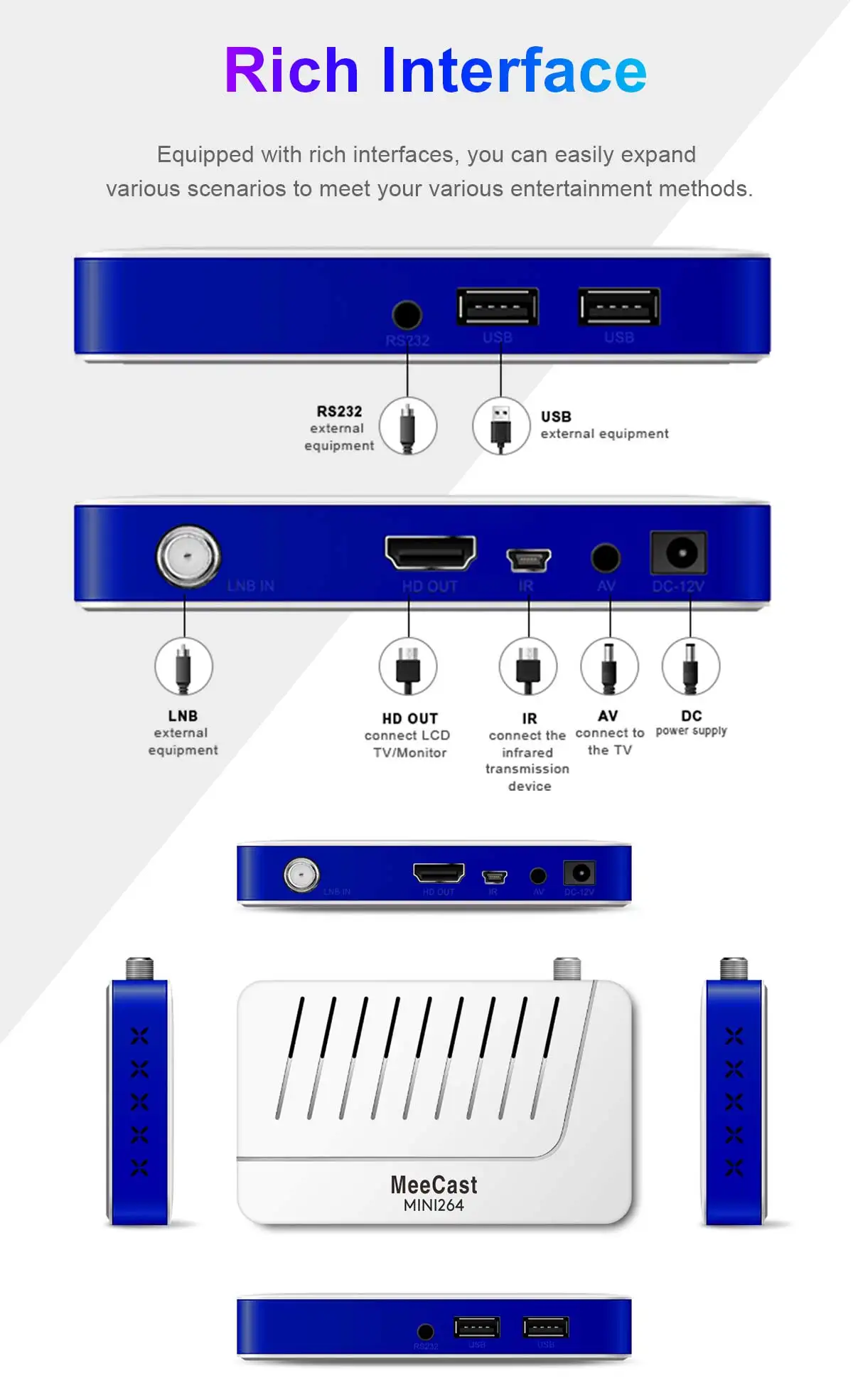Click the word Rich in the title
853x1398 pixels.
pos(291,70)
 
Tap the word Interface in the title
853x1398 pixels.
pos(514,70)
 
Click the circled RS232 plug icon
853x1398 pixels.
pos(407,427)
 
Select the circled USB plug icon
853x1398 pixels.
pos(501,427)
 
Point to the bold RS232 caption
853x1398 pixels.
pos(339,412)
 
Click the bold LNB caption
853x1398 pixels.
pos(183,716)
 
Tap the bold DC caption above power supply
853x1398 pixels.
pos(691,716)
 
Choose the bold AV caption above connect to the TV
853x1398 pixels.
pos(608,716)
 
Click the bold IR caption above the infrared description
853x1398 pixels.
pos(529,719)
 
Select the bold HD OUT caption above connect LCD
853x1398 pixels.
pos(409,719)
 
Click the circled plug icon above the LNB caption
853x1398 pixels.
pos(183,667)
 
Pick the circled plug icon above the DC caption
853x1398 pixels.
pos(690,667)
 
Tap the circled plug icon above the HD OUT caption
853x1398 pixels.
pos(408,667)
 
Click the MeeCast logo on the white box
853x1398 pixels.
pos(434,1185)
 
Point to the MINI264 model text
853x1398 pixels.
pos(434,1205)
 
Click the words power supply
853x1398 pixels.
pos(691,731)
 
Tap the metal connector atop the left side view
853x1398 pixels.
pos(139,969)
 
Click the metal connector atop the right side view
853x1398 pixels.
pos(734,969)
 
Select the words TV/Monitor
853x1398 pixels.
pos(409,753)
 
